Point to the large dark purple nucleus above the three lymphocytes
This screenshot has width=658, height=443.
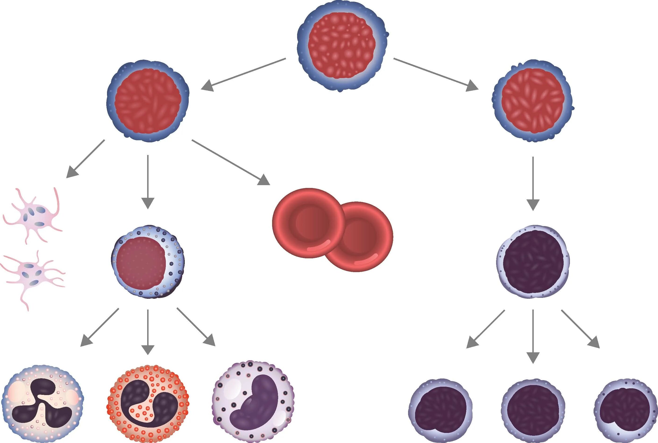coord(533,261)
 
